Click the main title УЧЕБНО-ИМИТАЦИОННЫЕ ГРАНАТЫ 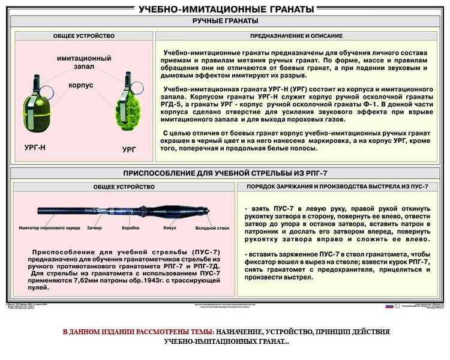226,9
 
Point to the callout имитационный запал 84,64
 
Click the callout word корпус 80,86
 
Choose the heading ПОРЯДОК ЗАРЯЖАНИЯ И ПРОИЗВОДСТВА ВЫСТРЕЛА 341,187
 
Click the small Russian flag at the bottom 389,306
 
